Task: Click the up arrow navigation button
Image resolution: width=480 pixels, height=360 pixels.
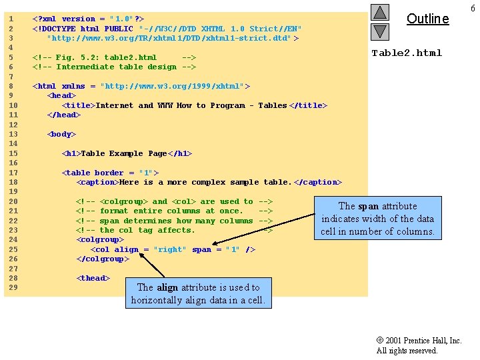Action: coord(380,12)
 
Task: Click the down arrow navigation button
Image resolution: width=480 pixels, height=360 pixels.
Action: coord(380,32)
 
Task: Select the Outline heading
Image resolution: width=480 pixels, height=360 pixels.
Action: coord(427,19)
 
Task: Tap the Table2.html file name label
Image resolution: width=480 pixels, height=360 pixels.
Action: coord(407,53)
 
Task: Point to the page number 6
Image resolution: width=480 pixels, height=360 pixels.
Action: coord(473,8)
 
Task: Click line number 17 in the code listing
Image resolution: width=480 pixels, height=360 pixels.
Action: coord(13,173)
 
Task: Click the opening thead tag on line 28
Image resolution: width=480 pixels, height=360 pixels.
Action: coord(93,278)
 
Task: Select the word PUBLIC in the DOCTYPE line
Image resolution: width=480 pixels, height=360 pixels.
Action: coord(119,29)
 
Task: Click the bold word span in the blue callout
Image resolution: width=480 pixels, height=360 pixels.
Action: coord(368,207)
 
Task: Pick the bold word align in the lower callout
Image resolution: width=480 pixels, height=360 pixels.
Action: coord(167,288)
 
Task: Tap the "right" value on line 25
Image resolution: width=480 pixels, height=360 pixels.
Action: coord(170,249)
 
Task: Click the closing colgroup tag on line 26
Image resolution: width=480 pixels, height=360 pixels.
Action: coord(103,259)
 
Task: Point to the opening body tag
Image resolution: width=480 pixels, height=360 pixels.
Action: coord(61,134)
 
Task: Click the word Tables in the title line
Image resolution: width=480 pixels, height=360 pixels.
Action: coord(273,105)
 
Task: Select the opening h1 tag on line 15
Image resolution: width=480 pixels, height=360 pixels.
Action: coord(71,153)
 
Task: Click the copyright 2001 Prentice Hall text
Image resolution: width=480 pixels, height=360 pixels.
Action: coord(419,341)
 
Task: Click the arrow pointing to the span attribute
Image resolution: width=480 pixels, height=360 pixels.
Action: coord(263,229)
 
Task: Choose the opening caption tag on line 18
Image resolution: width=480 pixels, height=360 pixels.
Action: coord(97,182)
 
